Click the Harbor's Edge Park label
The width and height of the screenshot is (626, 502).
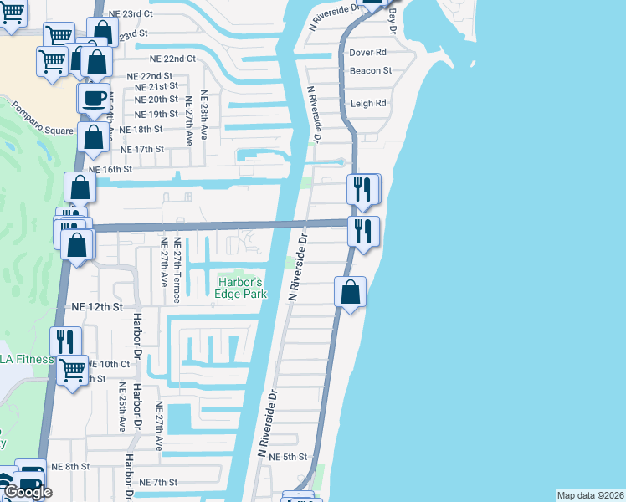click(x=242, y=288)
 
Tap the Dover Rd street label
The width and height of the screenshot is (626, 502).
click(x=367, y=52)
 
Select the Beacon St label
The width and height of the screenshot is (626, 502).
click(x=371, y=71)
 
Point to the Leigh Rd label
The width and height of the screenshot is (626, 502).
click(x=368, y=104)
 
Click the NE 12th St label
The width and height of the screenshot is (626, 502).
click(x=97, y=307)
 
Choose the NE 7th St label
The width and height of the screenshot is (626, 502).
click(x=158, y=483)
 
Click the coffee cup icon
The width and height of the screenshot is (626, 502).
click(x=93, y=97)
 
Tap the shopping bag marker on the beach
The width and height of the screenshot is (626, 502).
click(x=351, y=293)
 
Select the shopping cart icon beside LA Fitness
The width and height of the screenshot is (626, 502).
click(x=73, y=368)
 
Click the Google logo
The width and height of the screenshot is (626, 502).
click(x=28, y=492)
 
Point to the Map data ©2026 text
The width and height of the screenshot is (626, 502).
click(x=591, y=495)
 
